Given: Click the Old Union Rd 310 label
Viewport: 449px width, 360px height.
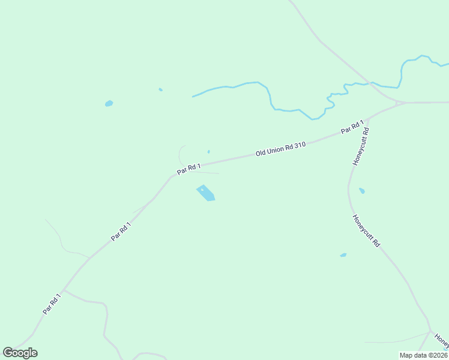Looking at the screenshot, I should pos(281,149).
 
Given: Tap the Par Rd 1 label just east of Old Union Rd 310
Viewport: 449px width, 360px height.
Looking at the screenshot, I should pos(352,127).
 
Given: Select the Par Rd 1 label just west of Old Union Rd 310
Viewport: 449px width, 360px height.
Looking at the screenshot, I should pos(188,169).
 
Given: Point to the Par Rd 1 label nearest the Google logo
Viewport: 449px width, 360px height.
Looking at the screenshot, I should pos(52,304).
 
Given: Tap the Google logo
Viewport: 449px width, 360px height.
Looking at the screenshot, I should pos(20,353).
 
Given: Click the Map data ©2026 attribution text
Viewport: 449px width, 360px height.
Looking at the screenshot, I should pos(423,355).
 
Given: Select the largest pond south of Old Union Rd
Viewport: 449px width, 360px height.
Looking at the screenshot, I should pos(206,193).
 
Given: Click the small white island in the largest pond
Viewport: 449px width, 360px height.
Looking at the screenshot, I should pos(202,189).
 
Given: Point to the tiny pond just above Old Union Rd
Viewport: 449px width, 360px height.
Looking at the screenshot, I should pos(208,152).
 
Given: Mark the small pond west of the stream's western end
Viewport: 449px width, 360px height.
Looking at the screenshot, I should pos(109,103).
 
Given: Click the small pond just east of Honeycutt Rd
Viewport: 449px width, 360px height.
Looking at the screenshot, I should pos(361,191).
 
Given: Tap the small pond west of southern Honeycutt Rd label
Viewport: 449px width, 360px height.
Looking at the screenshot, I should pos(343,255).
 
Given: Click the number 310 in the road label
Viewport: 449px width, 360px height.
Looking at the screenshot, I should pos(300,145).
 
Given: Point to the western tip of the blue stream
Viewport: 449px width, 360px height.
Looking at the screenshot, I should pos(193,96).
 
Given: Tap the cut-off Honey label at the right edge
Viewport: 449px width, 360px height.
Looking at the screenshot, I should pos(442,340).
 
